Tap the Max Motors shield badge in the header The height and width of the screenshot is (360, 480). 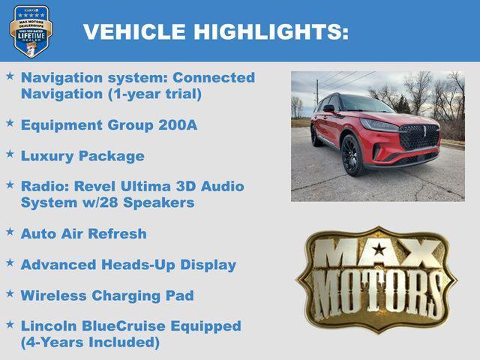(x=31, y=31)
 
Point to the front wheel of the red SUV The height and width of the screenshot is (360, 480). (x=352, y=155)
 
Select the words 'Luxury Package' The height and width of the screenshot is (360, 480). (x=82, y=156)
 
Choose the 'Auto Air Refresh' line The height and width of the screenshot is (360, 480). (x=84, y=233)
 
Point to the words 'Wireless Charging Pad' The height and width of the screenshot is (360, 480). (x=107, y=295)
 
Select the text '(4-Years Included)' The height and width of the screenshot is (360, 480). (x=91, y=343)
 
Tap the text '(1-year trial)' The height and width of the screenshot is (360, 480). (x=150, y=94)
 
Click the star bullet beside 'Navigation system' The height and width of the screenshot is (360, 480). (x=10, y=76)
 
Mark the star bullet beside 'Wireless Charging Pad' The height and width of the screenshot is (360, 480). (x=10, y=294)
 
